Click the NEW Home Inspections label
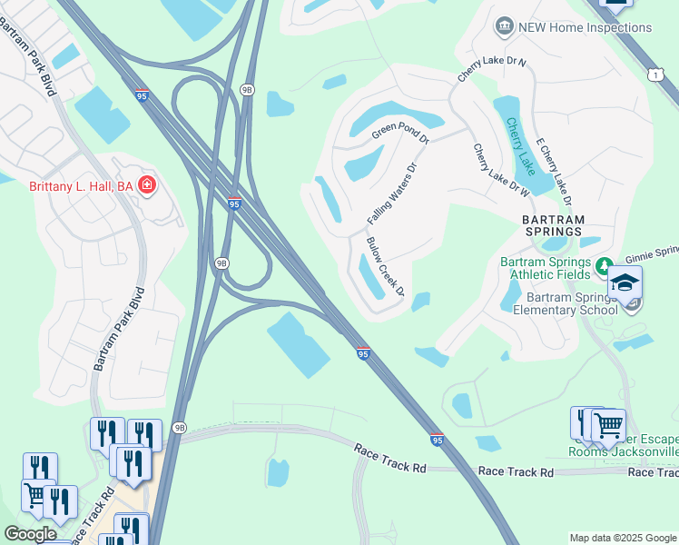585,27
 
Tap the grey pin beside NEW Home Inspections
505,27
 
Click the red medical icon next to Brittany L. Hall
147,186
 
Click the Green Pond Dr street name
399,136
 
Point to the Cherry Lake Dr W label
501,170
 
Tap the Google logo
30,535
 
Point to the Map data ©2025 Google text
623,538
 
